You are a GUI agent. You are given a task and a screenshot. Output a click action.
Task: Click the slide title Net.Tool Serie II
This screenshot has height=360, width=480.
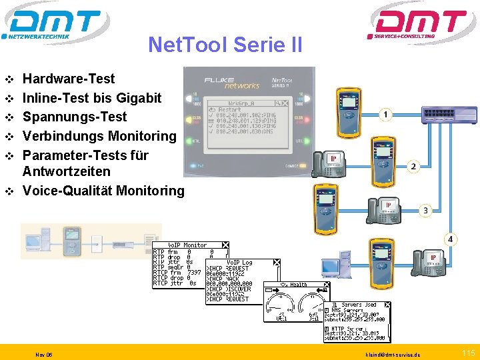click(x=225, y=45)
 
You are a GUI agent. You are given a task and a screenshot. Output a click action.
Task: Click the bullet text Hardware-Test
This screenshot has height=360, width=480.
click(x=69, y=79)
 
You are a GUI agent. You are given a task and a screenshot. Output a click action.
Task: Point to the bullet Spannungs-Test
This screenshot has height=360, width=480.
click(x=75, y=117)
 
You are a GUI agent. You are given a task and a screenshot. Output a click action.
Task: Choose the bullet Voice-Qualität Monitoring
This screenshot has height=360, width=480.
click(x=103, y=191)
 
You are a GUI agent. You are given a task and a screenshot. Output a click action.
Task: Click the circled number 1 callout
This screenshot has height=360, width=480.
click(x=385, y=115)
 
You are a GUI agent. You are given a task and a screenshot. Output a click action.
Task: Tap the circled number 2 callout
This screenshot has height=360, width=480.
click(x=413, y=166)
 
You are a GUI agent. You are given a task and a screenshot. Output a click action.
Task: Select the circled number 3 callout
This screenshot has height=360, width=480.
click(x=425, y=211)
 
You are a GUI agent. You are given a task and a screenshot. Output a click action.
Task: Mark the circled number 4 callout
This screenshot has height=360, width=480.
click(x=451, y=239)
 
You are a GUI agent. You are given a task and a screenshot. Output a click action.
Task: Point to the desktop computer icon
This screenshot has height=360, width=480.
click(x=335, y=263)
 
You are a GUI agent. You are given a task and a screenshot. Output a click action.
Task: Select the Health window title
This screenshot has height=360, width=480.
click(x=297, y=285)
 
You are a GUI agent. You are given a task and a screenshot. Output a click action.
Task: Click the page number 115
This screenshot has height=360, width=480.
click(x=468, y=352)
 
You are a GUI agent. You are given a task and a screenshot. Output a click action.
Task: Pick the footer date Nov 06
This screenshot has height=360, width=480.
click(x=45, y=354)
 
